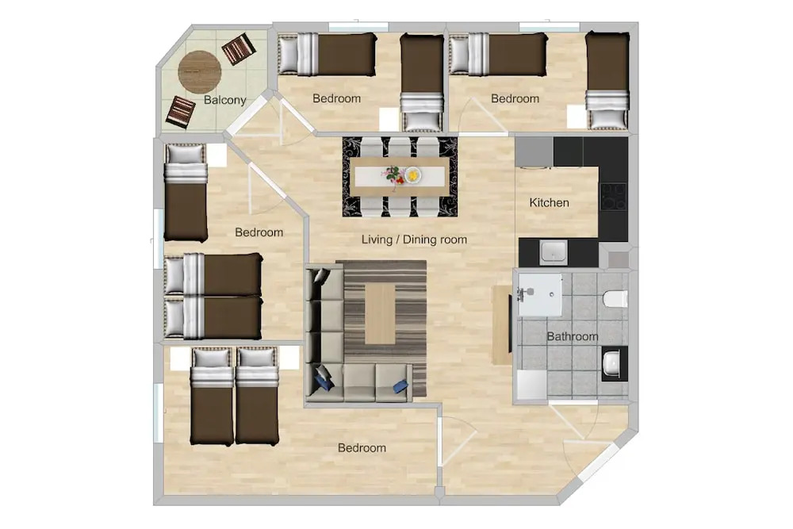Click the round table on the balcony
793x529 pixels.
[x=200, y=72]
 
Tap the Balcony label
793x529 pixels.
[x=225, y=100]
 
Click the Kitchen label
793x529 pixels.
[x=550, y=203]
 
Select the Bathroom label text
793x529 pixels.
[x=573, y=336]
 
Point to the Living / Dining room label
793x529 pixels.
[x=414, y=240]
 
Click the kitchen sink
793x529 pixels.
[x=554, y=252]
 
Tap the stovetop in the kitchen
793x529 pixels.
[x=614, y=196]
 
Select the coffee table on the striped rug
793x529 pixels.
[x=380, y=313]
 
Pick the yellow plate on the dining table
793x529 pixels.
[x=413, y=175]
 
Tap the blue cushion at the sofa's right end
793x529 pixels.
[x=400, y=387]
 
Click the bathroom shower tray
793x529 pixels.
[x=539, y=295]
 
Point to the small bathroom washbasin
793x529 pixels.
[x=613, y=362]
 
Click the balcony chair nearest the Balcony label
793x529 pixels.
[x=180, y=112]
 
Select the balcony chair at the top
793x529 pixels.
[x=239, y=48]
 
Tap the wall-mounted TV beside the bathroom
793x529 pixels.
[x=510, y=324]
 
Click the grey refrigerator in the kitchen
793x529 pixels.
[x=534, y=151]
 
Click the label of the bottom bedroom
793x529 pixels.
[x=362, y=448]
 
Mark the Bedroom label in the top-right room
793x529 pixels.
[x=515, y=98]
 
